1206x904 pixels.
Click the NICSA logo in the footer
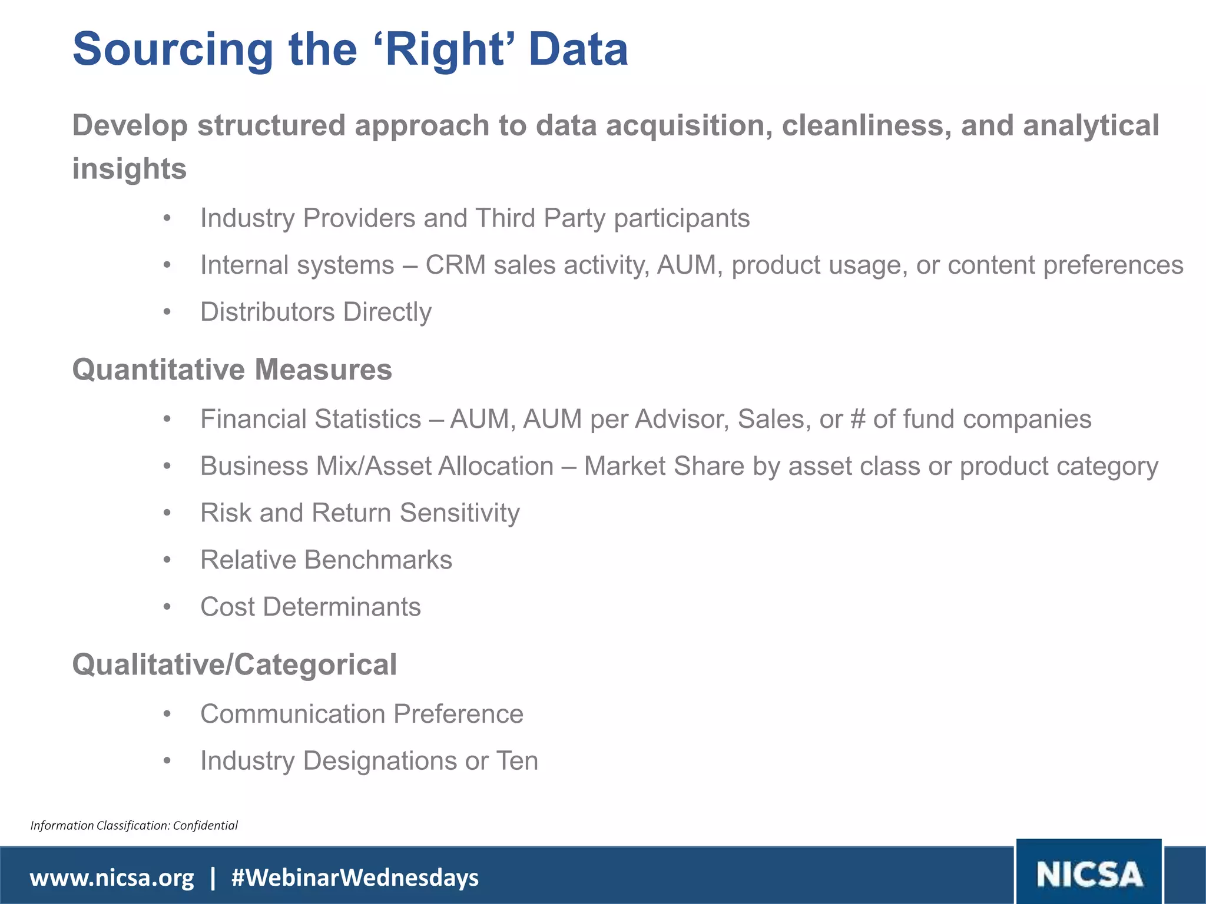pyautogui.click(x=1089, y=874)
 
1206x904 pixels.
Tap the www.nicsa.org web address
pyautogui.click(x=112, y=878)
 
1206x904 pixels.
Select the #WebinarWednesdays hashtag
pyautogui.click(x=355, y=878)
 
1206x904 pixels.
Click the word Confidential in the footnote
pyautogui.click(x=206, y=825)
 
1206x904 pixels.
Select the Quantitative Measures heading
pyautogui.click(x=232, y=370)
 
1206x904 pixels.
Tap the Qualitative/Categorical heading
pyautogui.click(x=234, y=664)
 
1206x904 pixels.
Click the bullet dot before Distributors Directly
pyautogui.click(x=167, y=312)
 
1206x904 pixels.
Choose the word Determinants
pyautogui.click(x=342, y=607)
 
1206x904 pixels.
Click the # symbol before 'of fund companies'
pyautogui.click(x=857, y=419)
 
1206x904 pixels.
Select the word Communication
pyautogui.click(x=293, y=714)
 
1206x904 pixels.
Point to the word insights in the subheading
pyautogui.click(x=130, y=169)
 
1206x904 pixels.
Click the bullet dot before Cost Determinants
pyautogui.click(x=167, y=607)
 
